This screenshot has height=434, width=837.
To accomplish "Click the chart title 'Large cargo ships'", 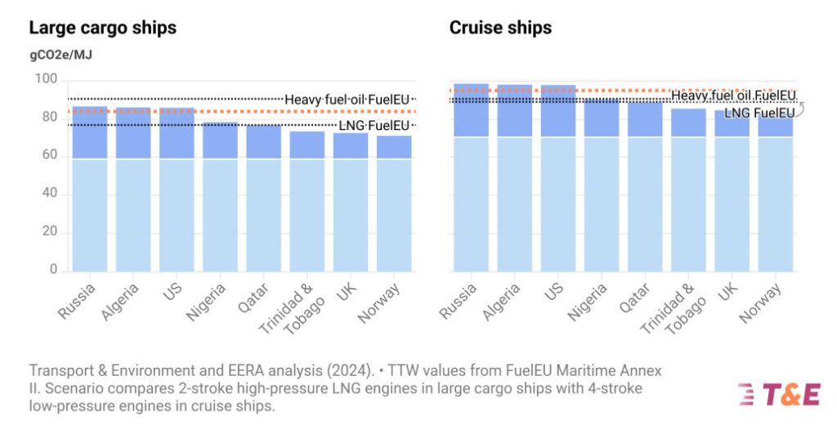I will (102, 28).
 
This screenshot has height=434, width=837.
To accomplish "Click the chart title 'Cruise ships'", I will (500, 28).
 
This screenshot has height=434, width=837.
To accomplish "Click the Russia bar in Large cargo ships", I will (90, 188).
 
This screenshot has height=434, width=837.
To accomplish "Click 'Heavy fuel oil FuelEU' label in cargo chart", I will (347, 100).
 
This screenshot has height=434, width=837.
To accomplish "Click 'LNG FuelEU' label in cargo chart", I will (374, 125).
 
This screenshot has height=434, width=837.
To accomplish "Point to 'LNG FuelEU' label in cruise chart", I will (759, 113).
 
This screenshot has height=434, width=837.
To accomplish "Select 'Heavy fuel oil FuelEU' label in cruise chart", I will (733, 96).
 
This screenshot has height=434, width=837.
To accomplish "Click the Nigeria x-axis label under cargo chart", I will (217, 301).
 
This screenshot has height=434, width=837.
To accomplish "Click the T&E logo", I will (778, 393).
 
